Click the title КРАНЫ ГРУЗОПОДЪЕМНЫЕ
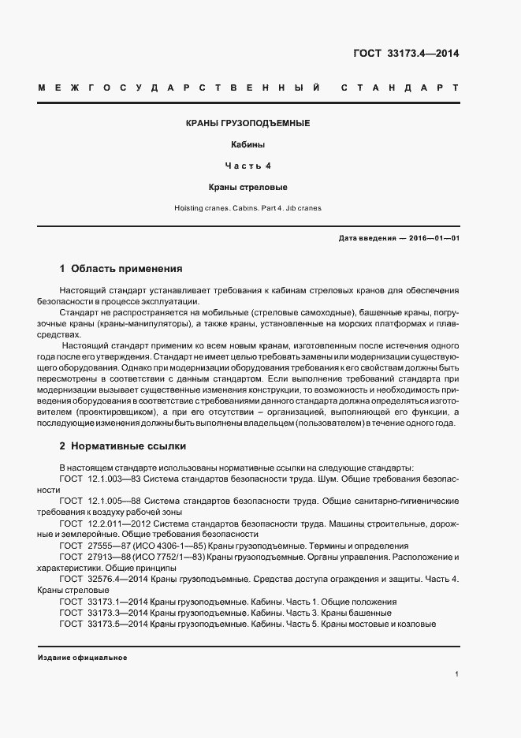coord(247,124)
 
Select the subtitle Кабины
coord(247,145)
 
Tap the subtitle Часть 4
coord(247,166)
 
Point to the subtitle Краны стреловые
coord(247,188)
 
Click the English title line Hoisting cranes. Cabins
coord(247,208)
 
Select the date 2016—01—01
coord(432,237)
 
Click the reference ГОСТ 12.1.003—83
coord(98,479)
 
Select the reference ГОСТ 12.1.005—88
coord(98,501)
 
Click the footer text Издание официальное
coord(81,658)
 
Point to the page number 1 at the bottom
coord(457,673)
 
